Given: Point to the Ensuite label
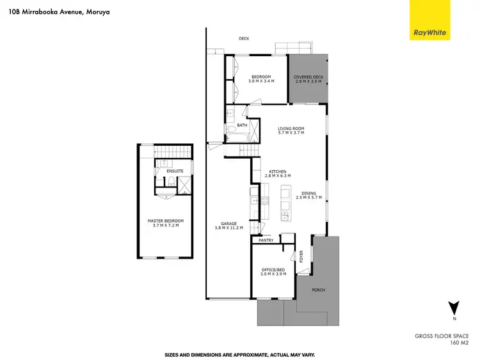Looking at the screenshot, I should coord(175,171).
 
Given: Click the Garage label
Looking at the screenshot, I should coord(229,223).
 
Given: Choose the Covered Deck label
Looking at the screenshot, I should coord(308,77).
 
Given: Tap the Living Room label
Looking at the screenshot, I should coord(291,129).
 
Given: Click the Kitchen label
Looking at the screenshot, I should coord(278,171).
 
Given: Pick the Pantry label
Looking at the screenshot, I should coord(266,240).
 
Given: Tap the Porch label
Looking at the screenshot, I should coord(318,290).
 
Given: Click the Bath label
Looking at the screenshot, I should coord(242,125).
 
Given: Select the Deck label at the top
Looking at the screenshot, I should coord(244,38).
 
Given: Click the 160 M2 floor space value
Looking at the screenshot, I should coord(460,343).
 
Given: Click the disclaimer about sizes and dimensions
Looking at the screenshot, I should coord(239,354).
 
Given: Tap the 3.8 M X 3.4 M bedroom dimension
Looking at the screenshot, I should coord(261,81).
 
